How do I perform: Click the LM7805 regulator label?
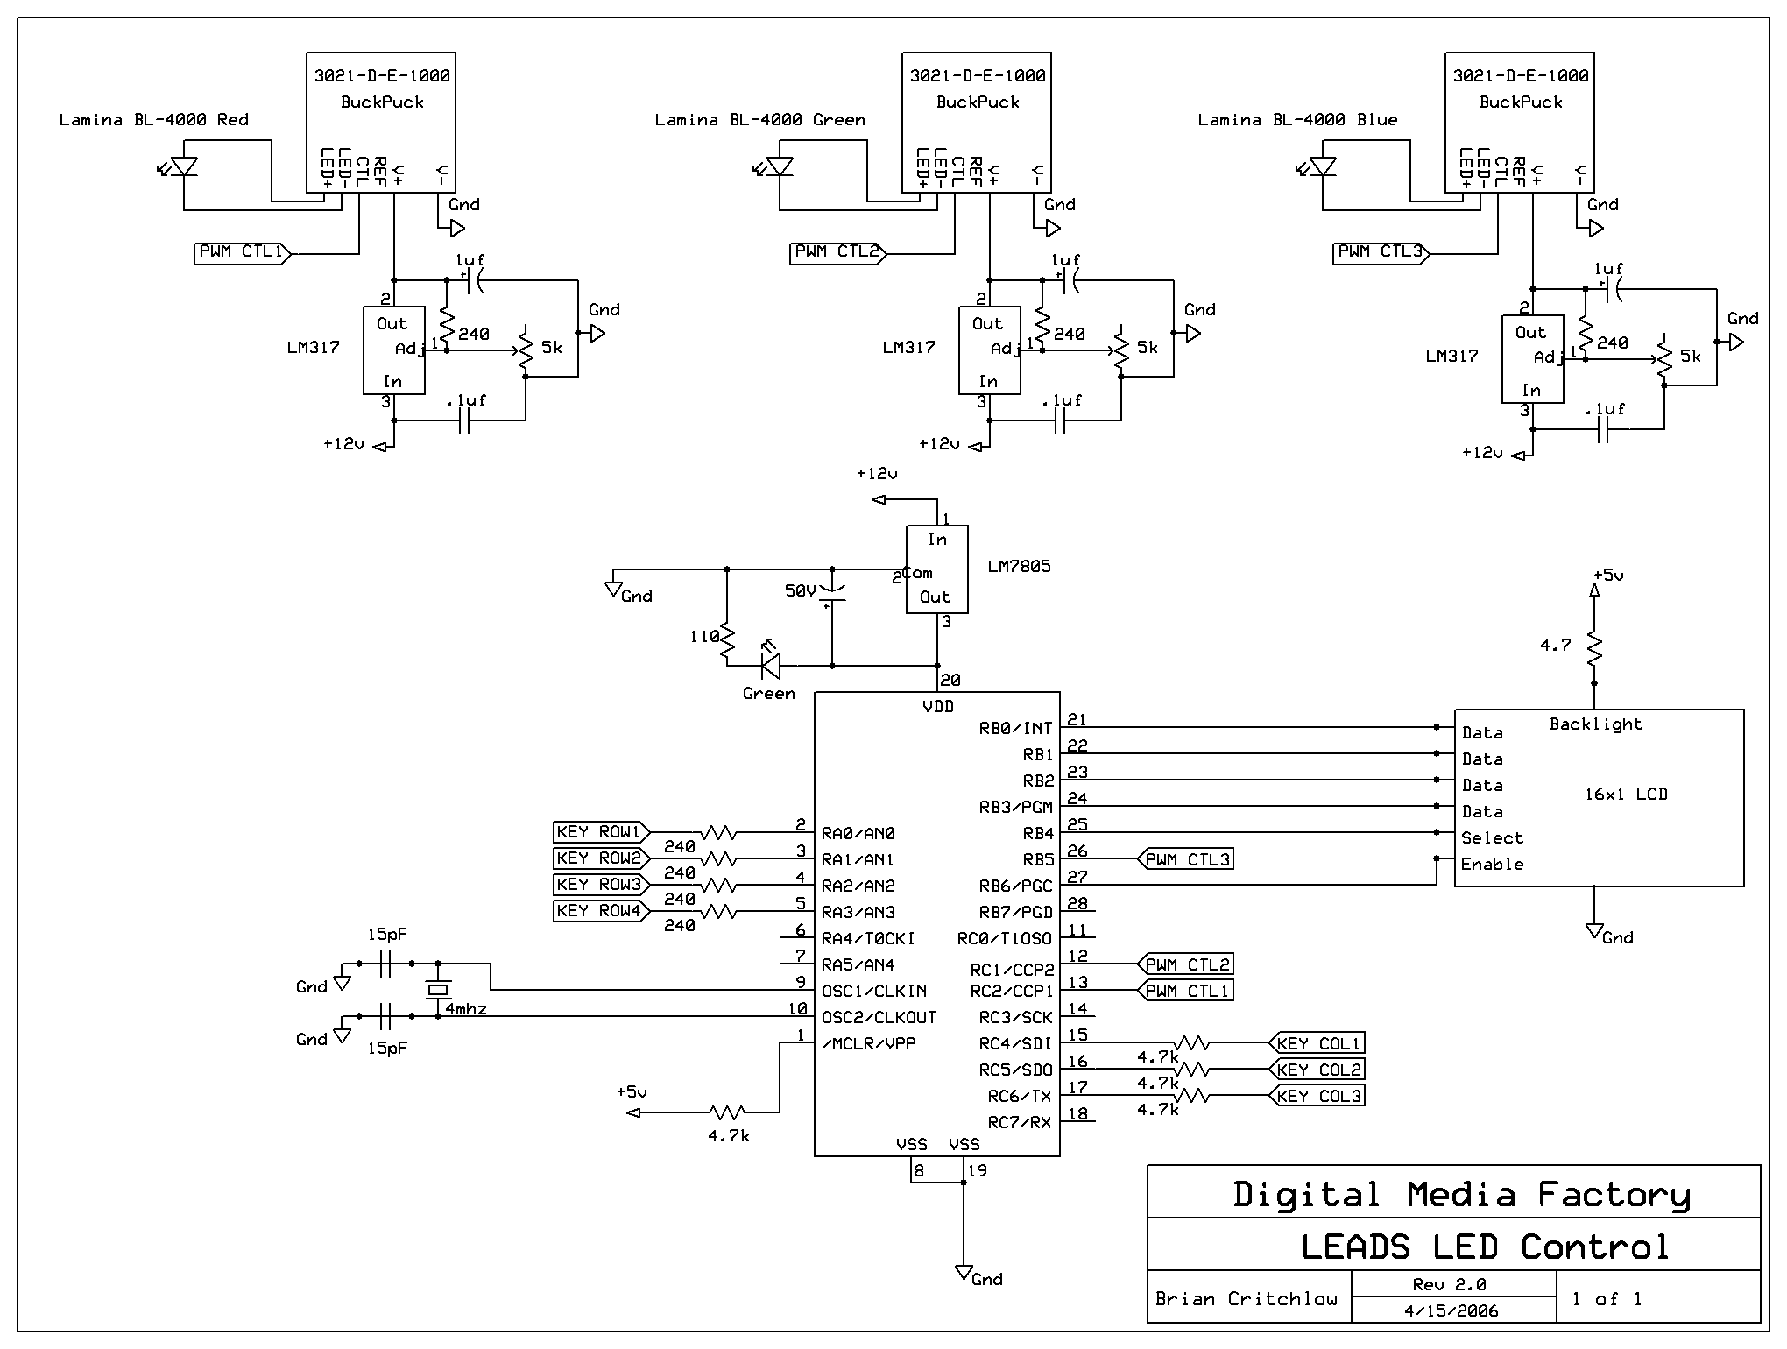[1019, 567]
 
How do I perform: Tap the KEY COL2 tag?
[1317, 1070]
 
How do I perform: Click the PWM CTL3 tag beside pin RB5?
[1185, 859]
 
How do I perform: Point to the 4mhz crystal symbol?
[438, 990]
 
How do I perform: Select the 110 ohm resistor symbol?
[727, 645]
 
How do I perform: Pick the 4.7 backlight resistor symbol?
[1594, 649]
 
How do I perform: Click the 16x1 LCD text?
[1627, 795]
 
